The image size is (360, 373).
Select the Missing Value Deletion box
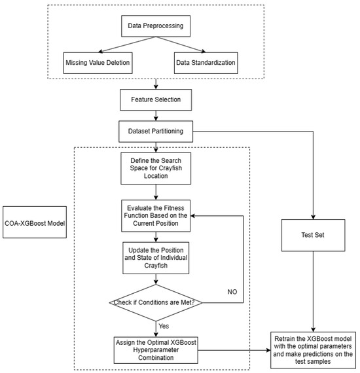coord(98,63)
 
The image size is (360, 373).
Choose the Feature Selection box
coord(154,99)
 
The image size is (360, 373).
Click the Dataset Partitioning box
coord(154,131)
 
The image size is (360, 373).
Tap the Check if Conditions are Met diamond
coord(154,302)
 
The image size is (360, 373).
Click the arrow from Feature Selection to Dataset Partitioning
coord(154,115)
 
